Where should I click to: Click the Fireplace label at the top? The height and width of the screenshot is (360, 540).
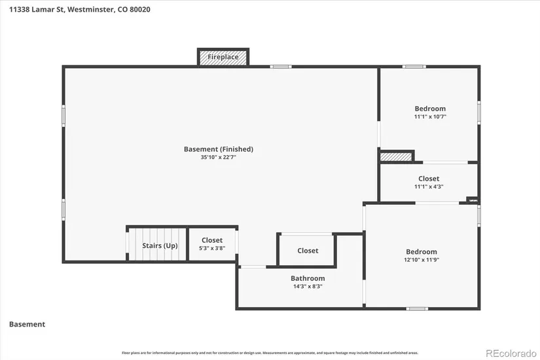pos(223,57)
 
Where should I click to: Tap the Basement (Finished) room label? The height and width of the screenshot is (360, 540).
pos(218,149)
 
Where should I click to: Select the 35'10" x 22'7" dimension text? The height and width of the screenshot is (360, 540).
pos(218,158)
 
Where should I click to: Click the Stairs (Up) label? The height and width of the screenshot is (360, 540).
pos(160,246)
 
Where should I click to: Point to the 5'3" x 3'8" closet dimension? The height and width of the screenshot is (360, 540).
pos(211,249)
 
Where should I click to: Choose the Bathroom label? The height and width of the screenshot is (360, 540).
pos(308,278)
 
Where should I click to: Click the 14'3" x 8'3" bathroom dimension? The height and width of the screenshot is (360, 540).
pos(308,286)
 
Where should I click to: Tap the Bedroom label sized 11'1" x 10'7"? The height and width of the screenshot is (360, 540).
pos(430,109)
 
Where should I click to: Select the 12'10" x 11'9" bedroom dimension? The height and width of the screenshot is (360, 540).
pos(421,260)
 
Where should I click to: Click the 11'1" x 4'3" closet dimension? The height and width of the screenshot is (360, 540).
pos(429,187)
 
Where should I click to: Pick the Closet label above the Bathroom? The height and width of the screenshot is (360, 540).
pos(308,251)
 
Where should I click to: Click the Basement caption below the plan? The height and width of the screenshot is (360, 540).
pos(27,324)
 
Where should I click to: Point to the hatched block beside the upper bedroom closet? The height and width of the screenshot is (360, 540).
pos(396,156)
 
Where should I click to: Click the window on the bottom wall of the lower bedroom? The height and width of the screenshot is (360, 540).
pos(417,308)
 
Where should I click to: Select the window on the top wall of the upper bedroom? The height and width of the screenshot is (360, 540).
pos(414,67)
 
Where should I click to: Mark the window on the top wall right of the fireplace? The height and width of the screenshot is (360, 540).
pos(281,67)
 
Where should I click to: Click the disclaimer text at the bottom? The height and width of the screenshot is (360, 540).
pos(270,352)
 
